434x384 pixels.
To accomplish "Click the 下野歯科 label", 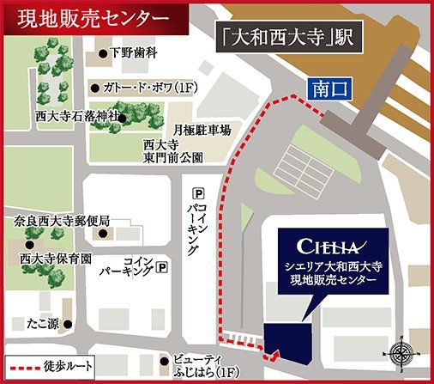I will (x=134, y=53).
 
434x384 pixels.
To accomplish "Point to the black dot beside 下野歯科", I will (x=105, y=53).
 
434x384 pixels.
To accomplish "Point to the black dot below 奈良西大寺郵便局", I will (x=104, y=233).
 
